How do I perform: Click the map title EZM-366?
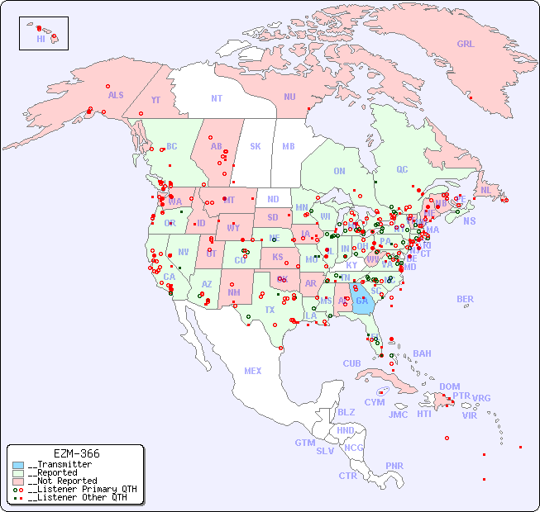[76, 453]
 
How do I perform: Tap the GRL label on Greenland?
[466, 45]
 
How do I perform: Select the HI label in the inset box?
[41, 39]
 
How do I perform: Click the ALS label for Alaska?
[116, 95]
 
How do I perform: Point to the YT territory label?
[155, 100]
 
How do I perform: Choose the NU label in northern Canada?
[289, 97]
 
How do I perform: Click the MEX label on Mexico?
[253, 371]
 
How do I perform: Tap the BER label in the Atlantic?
[466, 299]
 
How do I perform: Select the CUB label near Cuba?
[351, 363]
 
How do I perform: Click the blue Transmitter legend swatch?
[18, 465]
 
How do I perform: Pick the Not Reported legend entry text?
[62, 481]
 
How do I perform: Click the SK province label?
[256, 146]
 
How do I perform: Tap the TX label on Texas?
[270, 310]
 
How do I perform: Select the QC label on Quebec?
[402, 169]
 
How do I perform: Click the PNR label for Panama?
[394, 466]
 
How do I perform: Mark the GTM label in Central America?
[304, 443]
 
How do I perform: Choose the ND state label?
[273, 199]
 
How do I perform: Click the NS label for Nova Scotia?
[469, 220]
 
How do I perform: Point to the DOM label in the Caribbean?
[449, 386]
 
